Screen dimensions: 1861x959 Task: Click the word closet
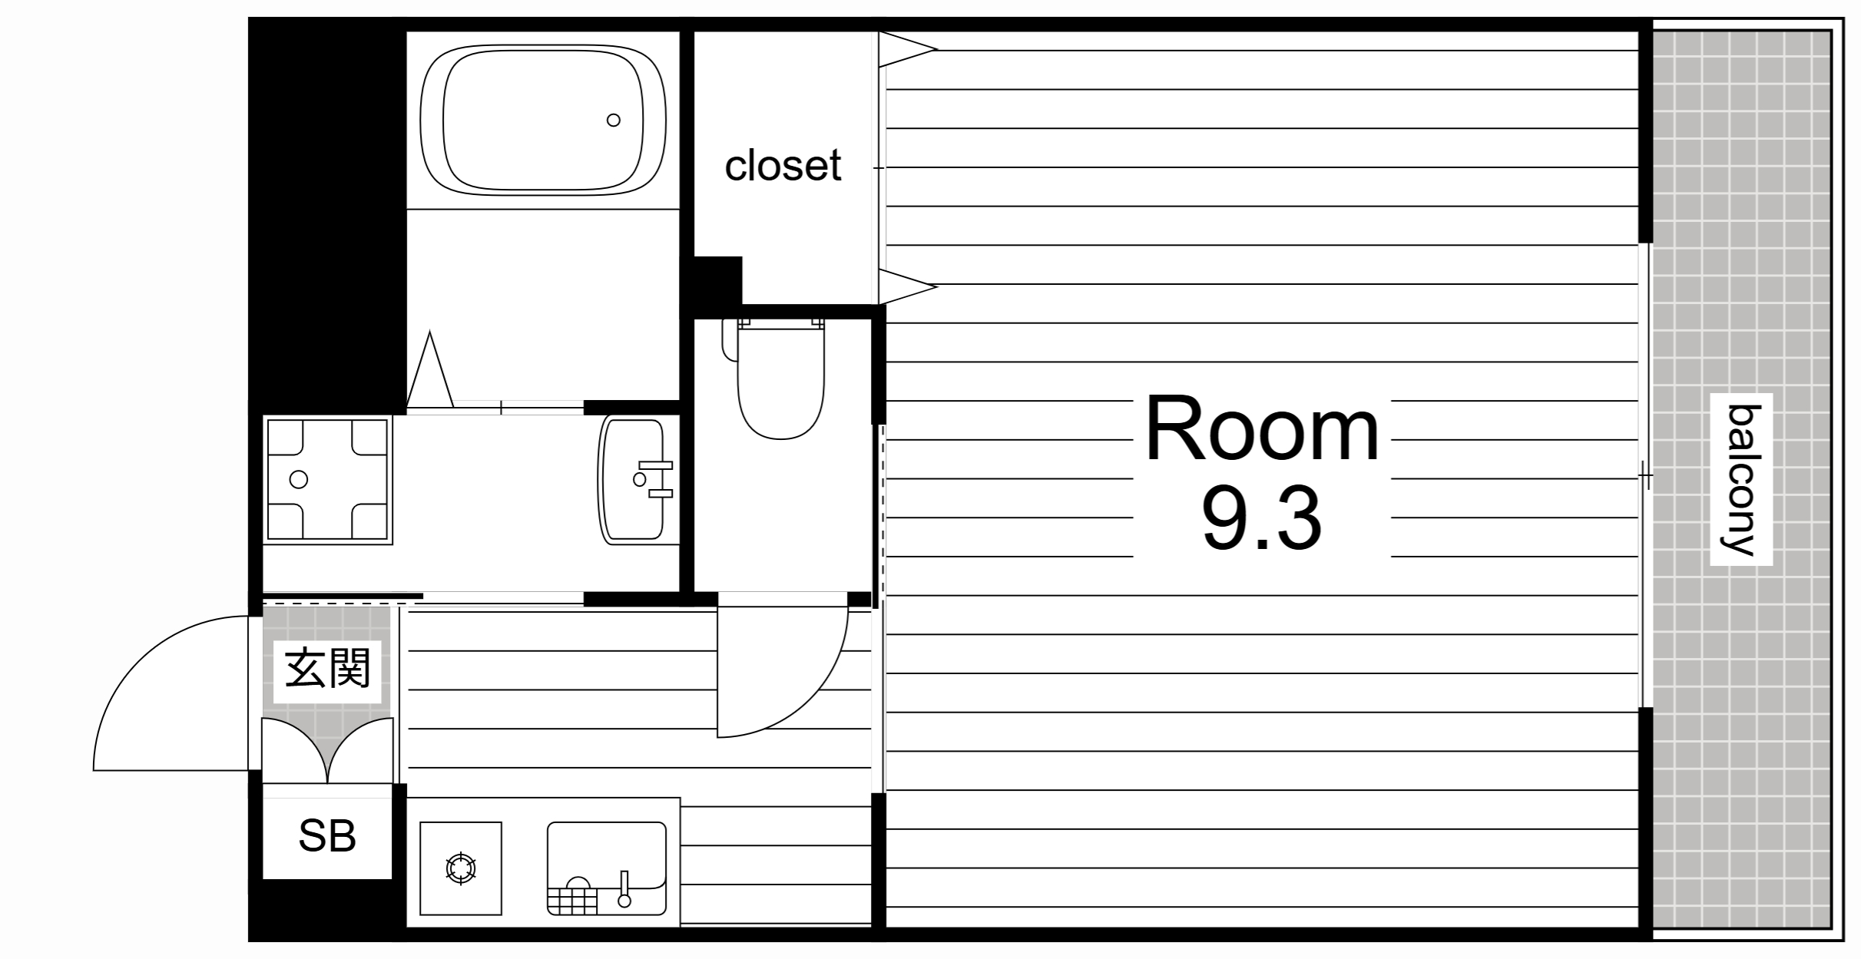(783, 165)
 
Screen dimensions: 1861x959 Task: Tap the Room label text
(1263, 431)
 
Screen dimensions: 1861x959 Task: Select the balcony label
(1740, 480)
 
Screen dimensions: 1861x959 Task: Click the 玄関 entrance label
(328, 668)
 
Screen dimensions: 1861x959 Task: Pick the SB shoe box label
(327, 837)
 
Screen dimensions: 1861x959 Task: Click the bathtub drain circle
(613, 120)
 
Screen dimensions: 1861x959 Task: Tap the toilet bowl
(780, 379)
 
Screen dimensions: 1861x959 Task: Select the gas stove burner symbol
(461, 869)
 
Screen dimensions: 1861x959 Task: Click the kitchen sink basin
(606, 868)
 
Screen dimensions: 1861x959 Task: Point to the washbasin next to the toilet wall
(631, 479)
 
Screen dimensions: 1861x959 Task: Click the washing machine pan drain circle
(299, 480)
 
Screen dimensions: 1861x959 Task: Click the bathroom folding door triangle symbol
(430, 369)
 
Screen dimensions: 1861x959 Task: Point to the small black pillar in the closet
(718, 281)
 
